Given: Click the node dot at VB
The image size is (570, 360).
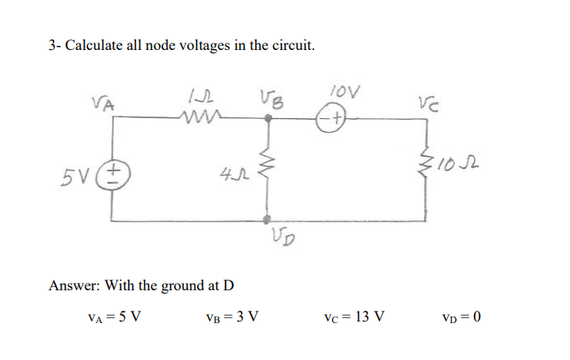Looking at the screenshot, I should pos(268,119).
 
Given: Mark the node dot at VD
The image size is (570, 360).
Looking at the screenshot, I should pos(267,220).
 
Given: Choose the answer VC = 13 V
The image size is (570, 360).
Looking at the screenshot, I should pos(356,316).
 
